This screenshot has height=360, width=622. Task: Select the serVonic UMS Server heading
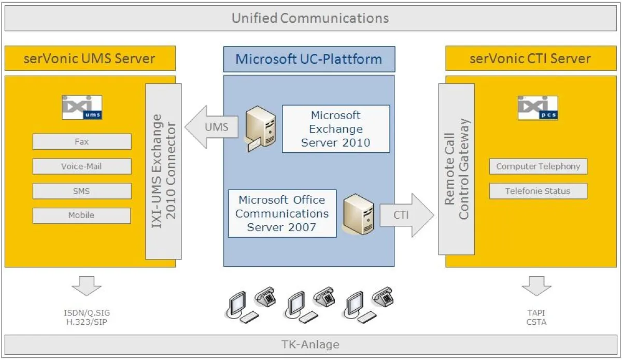coord(90,58)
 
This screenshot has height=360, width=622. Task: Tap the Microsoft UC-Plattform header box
coord(309,59)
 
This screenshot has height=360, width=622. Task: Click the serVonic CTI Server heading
coord(530,58)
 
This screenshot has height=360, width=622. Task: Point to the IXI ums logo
coord(82,107)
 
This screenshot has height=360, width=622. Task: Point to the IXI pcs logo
coord(538,108)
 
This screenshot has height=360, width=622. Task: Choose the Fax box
coord(82,141)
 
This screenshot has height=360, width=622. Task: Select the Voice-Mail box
coord(82,166)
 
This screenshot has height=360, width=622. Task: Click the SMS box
coord(82,191)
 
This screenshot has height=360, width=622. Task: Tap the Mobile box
coord(82,215)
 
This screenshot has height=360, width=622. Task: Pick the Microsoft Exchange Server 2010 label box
coord(336,129)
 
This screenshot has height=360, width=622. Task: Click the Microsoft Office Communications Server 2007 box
coord(281,213)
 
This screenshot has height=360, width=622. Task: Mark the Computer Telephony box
coord(538,166)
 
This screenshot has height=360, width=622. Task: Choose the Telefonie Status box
coord(538,191)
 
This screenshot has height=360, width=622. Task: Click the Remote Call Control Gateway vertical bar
coord(456,169)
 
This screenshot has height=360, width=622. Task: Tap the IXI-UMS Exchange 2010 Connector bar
coord(164,171)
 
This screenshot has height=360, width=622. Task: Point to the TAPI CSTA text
coord(536,318)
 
